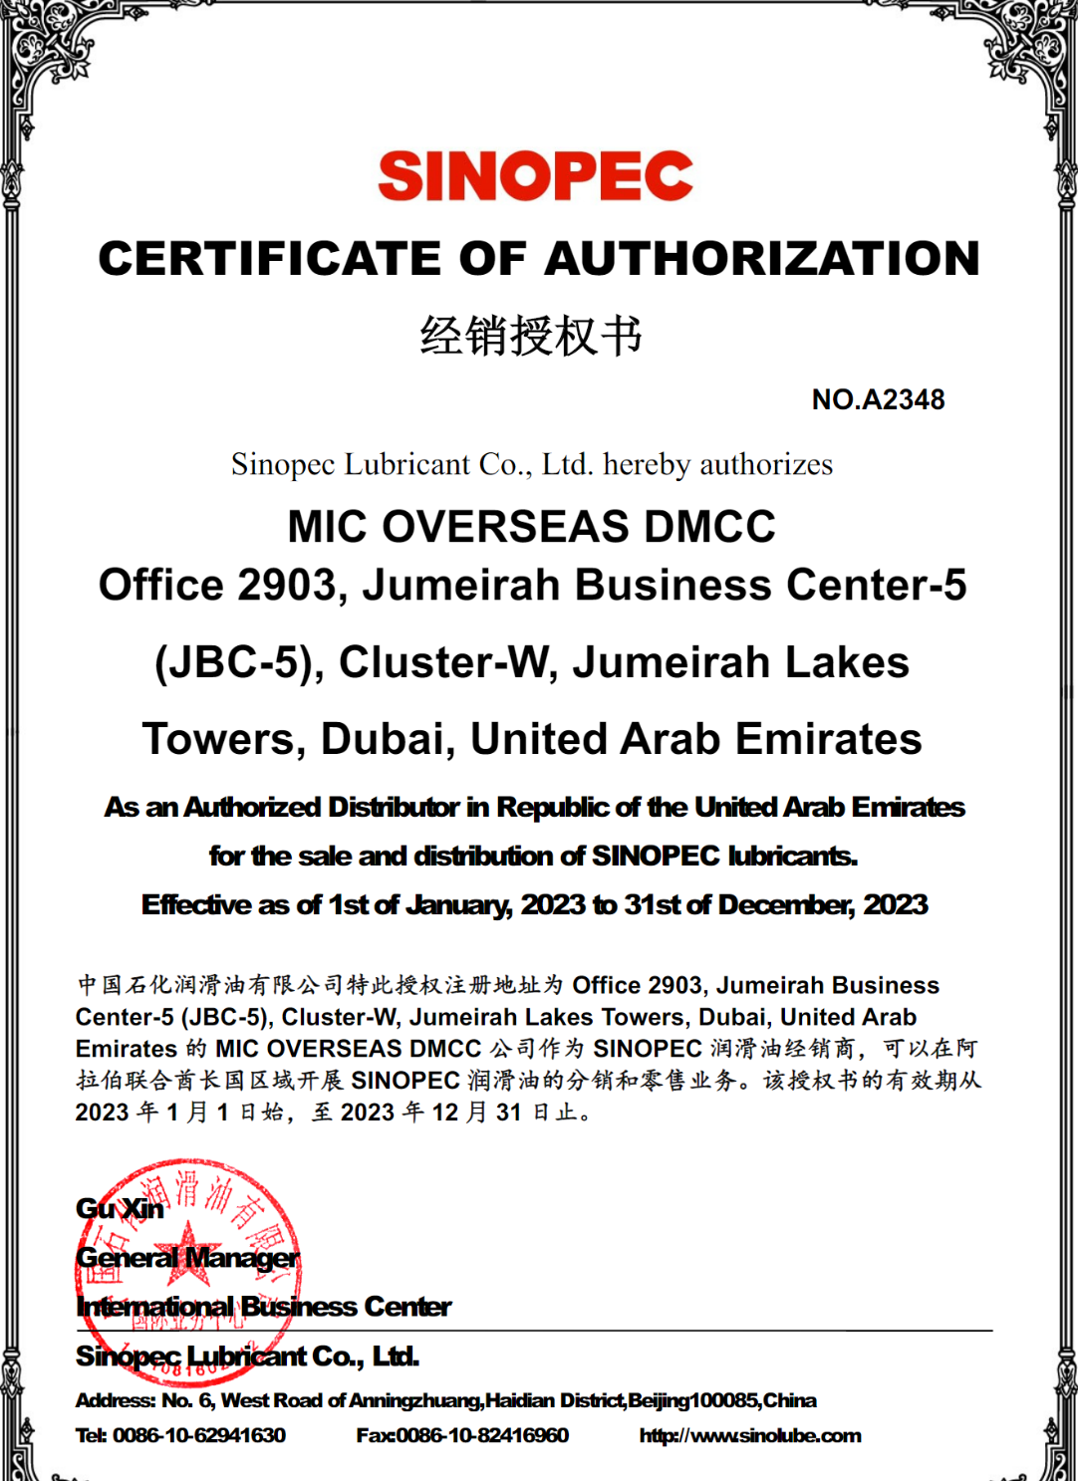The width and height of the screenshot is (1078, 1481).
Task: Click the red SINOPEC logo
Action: pyautogui.click(x=535, y=176)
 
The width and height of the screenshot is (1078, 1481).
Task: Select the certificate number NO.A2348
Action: pyautogui.click(x=878, y=399)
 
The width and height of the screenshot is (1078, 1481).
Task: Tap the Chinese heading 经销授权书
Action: pyautogui.click(x=531, y=336)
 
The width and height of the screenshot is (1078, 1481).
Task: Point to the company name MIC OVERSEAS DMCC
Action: pyautogui.click(x=531, y=527)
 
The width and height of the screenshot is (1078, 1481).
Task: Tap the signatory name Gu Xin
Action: pyautogui.click(x=120, y=1208)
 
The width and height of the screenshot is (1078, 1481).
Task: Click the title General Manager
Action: pyautogui.click(x=187, y=1258)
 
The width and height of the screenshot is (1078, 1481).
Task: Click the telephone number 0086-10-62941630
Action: pyautogui.click(x=198, y=1435)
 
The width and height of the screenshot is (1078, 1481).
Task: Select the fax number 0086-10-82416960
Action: pyautogui.click(x=482, y=1435)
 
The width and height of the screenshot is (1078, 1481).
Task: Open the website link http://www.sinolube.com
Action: pyautogui.click(x=749, y=1435)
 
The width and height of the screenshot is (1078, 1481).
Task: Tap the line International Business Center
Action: pyautogui.click(x=264, y=1307)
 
